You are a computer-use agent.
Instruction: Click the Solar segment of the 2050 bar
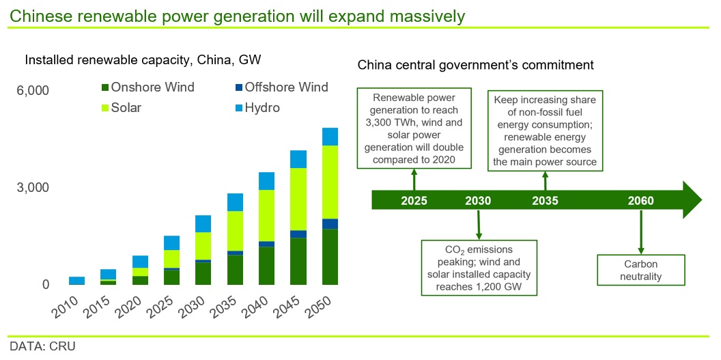330,182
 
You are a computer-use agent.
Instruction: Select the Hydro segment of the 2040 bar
267,181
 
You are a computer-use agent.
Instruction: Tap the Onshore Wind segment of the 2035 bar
235,270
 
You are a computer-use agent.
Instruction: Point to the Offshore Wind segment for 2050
330,224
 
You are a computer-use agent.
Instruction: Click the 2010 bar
76,281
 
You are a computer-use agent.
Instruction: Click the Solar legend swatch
104,109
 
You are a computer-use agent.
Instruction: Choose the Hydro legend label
262,108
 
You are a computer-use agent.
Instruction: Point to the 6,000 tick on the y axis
33,90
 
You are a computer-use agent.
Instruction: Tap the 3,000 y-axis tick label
33,188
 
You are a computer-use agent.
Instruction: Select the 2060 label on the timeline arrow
640,202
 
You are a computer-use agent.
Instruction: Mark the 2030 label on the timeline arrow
478,202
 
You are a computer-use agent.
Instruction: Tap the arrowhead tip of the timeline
702,200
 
